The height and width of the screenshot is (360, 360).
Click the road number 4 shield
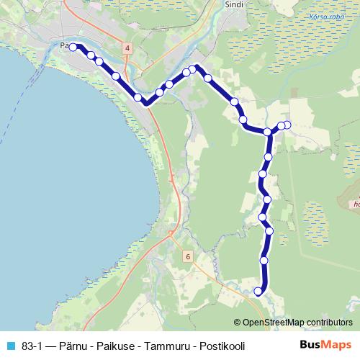(x=127, y=48)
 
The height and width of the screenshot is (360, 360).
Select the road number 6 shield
(x=187, y=256)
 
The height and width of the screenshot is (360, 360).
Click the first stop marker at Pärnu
(x=73, y=47)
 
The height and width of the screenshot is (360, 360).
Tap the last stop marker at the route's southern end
(x=258, y=291)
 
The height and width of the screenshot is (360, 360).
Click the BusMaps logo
(x=325, y=345)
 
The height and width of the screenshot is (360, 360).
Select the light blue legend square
(x=10, y=346)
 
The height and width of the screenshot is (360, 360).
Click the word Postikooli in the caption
(x=222, y=346)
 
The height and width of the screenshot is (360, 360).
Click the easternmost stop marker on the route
(x=287, y=125)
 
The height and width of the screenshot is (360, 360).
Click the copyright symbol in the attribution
(x=238, y=323)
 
